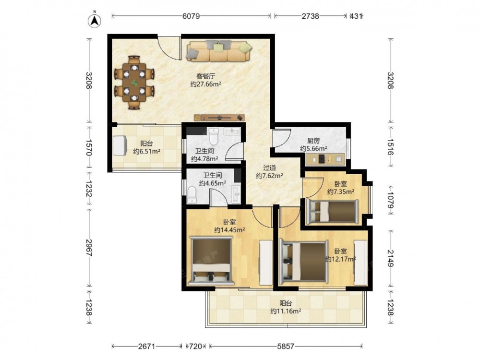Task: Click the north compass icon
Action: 95,20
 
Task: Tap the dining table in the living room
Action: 134,83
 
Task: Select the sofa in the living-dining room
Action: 219,51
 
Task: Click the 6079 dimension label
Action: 191,16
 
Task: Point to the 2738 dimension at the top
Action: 311,16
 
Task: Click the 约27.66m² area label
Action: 206,84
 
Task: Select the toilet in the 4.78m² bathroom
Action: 214,136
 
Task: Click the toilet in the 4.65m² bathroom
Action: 192,195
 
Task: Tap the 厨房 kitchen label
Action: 313,141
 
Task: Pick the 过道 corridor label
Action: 269,168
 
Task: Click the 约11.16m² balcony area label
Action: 286,312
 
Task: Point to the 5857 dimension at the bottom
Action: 286,347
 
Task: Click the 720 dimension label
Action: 196,347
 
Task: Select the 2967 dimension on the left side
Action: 89,248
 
